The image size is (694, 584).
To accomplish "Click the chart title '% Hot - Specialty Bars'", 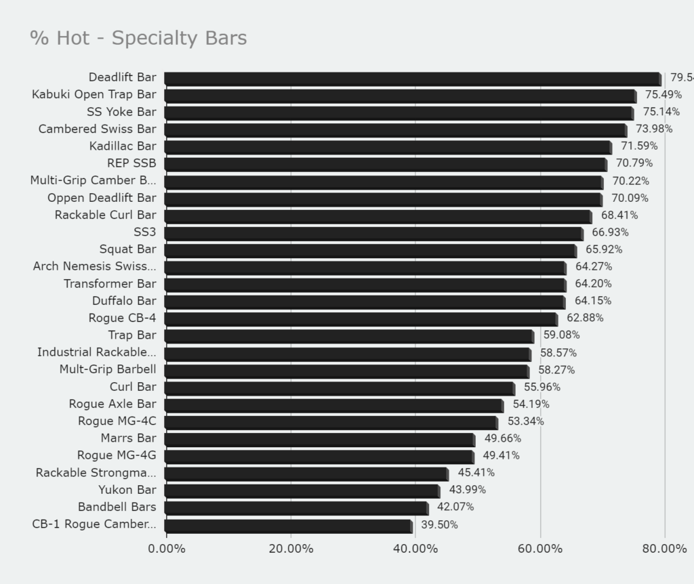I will click(x=138, y=38).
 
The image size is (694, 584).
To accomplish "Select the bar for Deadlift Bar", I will click(x=412, y=79).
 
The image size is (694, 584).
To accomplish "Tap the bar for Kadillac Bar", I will click(x=387, y=147).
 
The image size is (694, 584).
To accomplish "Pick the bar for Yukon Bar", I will click(x=301, y=491).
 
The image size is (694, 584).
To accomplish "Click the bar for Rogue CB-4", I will click(x=360, y=319).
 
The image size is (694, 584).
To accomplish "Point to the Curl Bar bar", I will click(x=338, y=388).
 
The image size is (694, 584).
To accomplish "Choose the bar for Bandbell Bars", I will click(x=295, y=508).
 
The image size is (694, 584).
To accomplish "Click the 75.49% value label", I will click(x=663, y=95).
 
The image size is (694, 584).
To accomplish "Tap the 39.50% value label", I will click(x=439, y=525).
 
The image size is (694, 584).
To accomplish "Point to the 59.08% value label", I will click(x=561, y=335).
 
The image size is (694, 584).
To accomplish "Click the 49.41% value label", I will click(x=501, y=456).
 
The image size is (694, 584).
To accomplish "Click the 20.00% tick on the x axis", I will click(x=291, y=549).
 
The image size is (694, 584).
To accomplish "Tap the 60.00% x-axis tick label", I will click(x=540, y=549).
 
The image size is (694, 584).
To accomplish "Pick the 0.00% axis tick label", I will click(x=166, y=549).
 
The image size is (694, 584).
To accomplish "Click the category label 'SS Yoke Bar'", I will click(x=121, y=112).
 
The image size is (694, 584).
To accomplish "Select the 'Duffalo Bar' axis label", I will click(x=124, y=301).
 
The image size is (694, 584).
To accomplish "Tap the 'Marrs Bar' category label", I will click(x=128, y=439).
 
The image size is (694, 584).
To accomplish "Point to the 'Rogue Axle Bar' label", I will click(x=113, y=404).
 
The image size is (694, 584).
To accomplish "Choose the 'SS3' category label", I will click(x=145, y=232).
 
